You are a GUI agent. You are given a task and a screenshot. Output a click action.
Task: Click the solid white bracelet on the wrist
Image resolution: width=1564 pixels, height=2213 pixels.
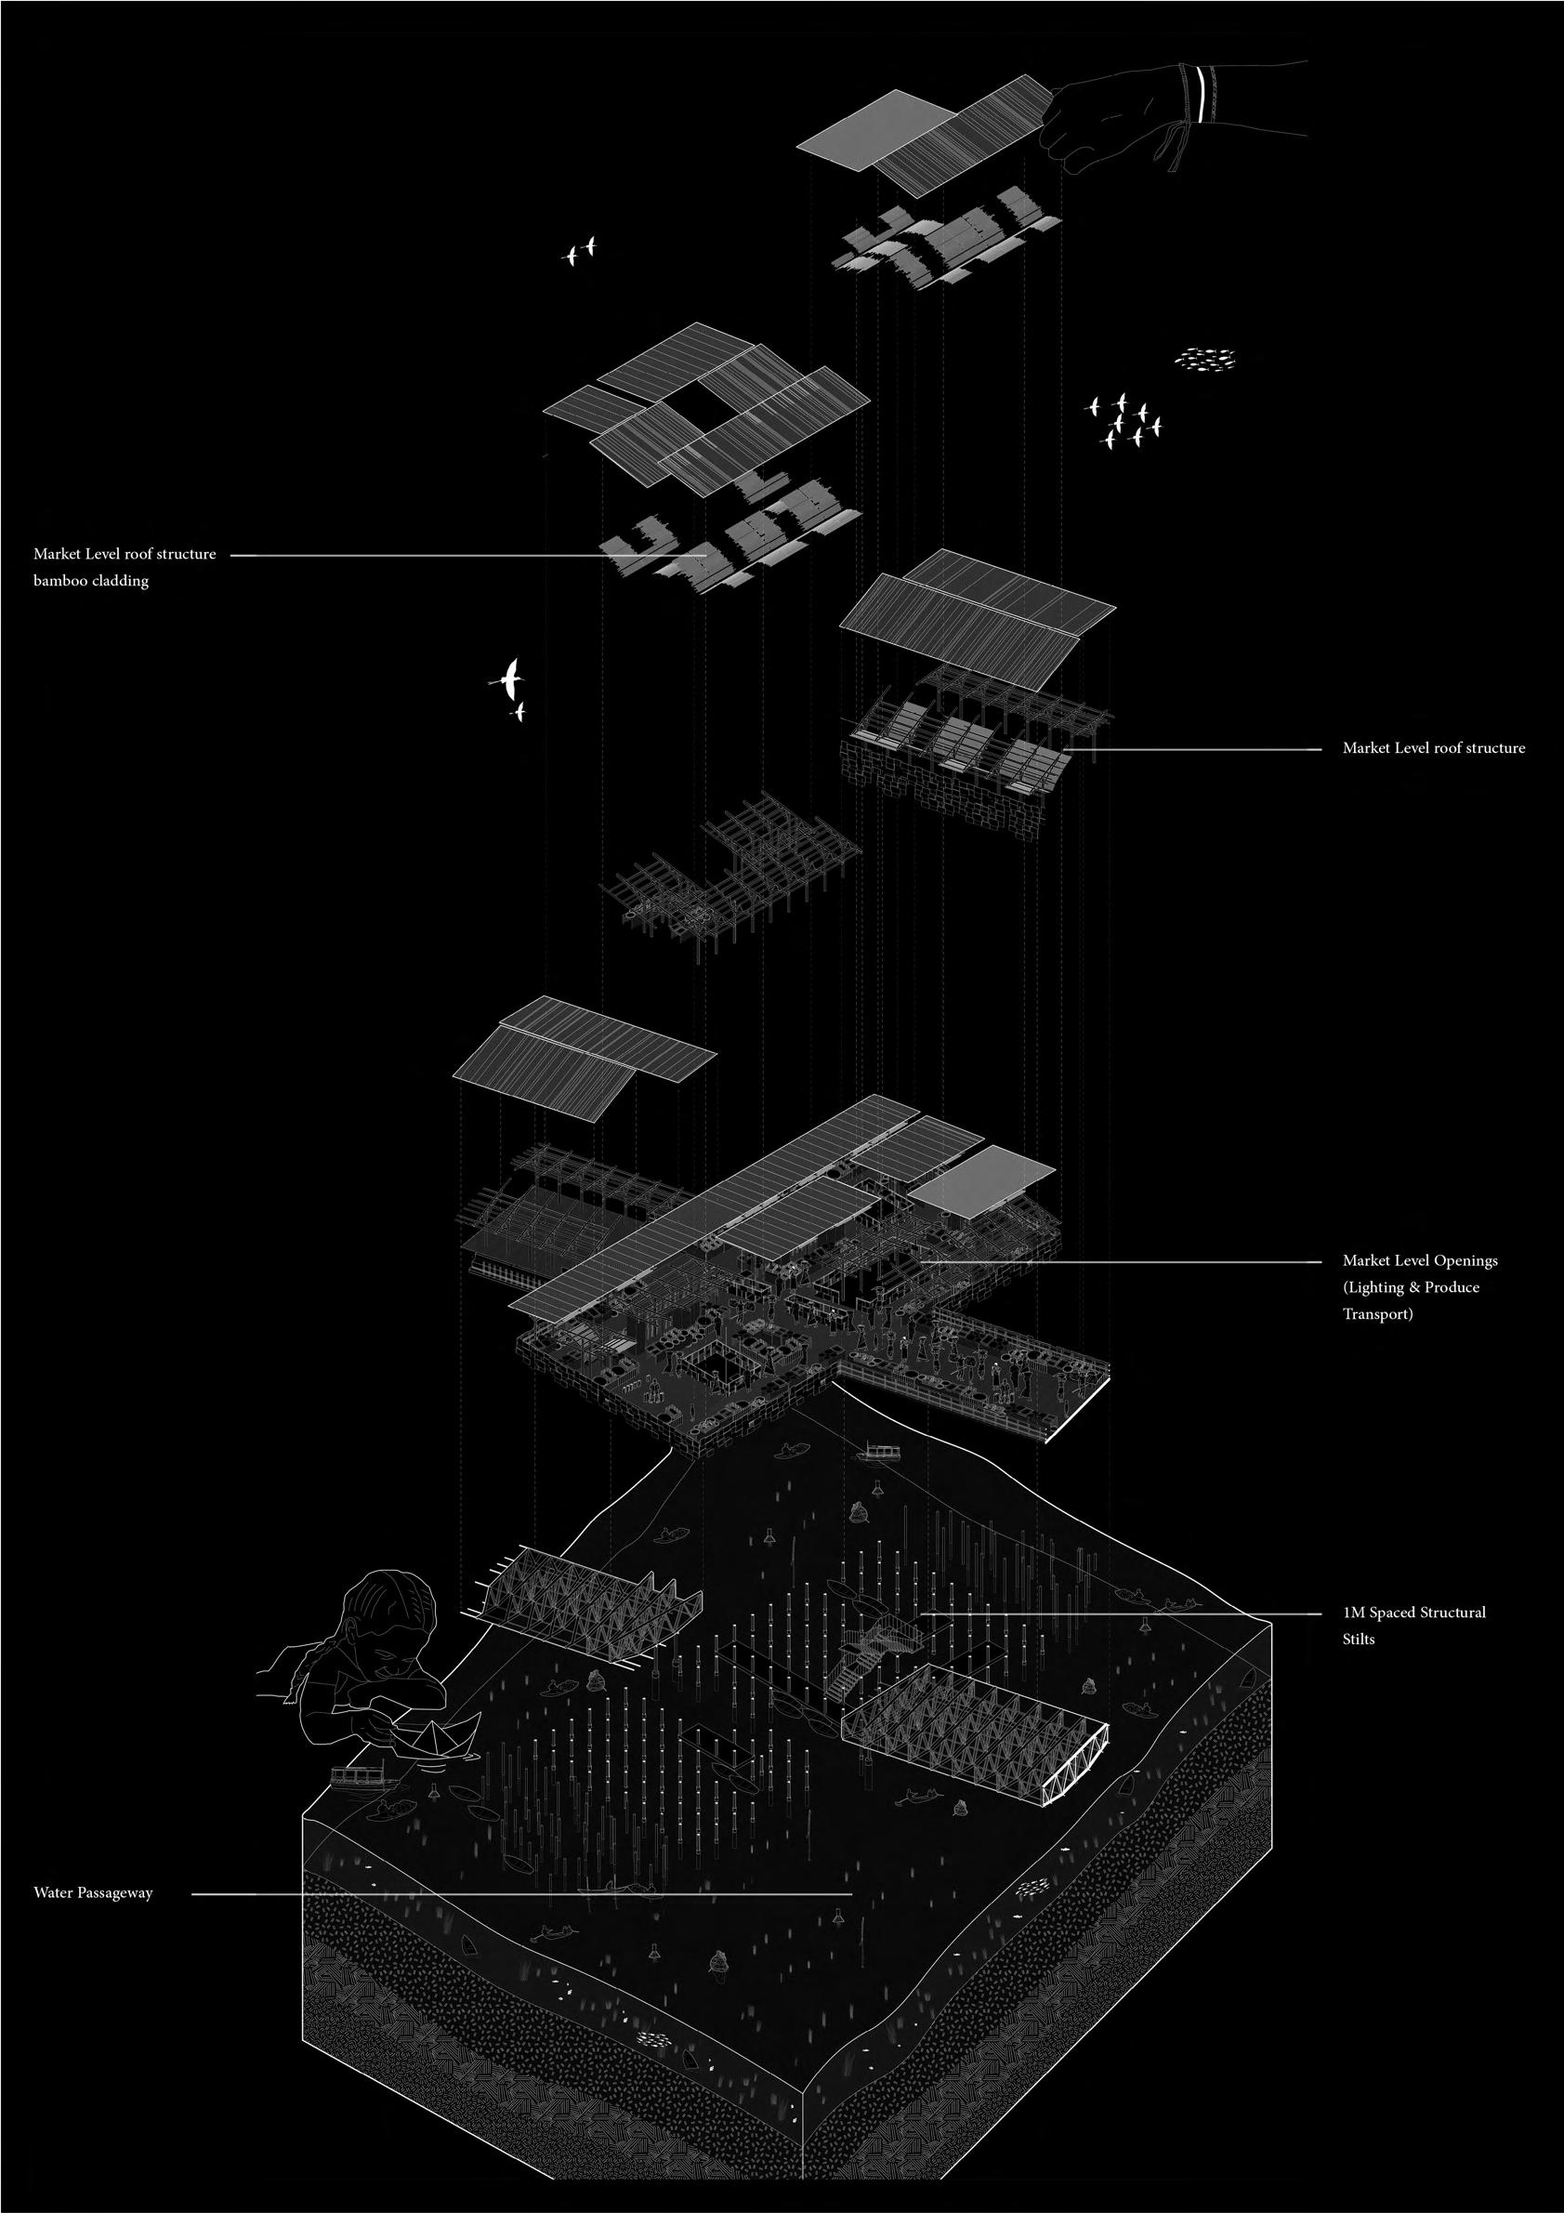(1200, 95)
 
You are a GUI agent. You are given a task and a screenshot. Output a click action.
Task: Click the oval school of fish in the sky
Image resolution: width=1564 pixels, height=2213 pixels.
(1204, 360)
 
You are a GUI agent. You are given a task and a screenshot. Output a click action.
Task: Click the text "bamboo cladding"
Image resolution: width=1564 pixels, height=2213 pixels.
(92, 581)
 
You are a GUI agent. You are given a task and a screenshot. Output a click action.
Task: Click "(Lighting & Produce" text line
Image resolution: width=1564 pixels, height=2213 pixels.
(1411, 1286)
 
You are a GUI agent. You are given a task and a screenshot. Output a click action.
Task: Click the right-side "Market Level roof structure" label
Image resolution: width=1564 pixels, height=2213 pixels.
(1434, 747)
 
